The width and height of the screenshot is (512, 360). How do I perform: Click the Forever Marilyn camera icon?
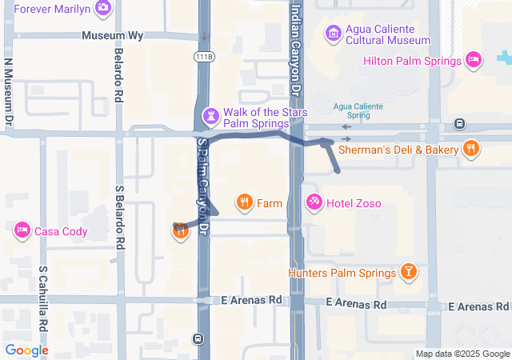102,9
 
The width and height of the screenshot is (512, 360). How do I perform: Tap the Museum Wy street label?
113,36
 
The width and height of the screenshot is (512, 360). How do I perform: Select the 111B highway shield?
204,56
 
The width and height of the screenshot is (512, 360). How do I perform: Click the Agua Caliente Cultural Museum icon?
333,34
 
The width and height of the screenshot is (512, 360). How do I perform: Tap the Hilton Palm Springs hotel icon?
474,60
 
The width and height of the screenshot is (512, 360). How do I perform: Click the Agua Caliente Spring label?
358,110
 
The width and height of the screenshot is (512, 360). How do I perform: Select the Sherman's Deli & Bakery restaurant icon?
471,148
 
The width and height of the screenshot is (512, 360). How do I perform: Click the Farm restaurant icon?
245,203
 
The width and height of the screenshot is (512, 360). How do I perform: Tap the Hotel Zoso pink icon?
314,203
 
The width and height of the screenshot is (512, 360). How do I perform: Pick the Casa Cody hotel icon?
22,231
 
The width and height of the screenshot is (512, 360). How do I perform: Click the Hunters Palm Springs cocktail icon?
409,273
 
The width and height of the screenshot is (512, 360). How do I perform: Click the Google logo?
26,350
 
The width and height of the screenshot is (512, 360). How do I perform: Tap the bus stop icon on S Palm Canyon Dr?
198,338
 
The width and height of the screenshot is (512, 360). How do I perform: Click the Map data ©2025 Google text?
462,354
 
